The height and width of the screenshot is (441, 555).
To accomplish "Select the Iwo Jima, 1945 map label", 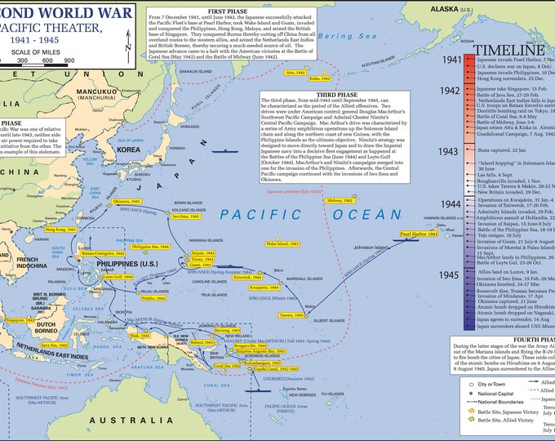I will [187, 216].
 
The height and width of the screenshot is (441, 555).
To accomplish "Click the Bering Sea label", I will [337, 37].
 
